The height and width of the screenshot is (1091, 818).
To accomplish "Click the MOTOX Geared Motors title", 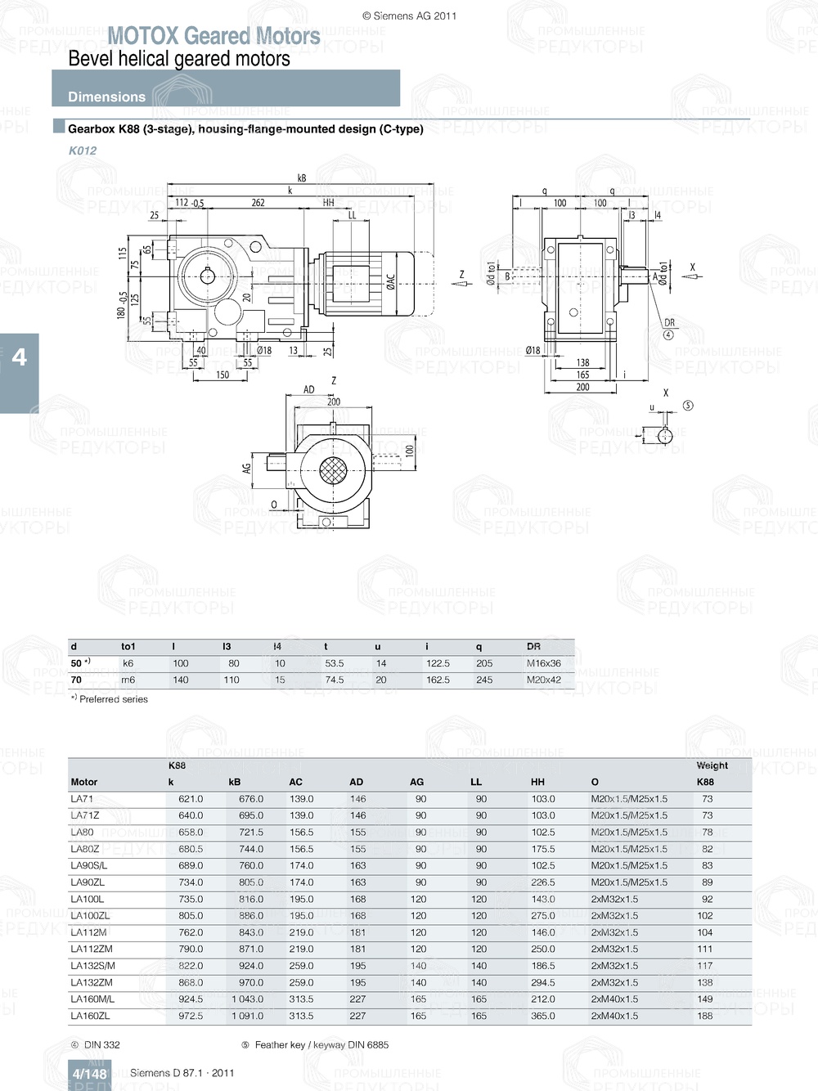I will [x=213, y=36].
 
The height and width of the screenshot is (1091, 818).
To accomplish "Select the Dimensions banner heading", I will [x=106, y=97].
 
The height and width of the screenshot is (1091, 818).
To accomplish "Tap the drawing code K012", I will [x=83, y=150].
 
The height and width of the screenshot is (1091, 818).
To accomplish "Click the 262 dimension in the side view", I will [x=258, y=203].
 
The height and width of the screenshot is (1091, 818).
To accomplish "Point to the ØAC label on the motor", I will [x=390, y=283].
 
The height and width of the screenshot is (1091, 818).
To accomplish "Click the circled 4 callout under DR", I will [x=668, y=334].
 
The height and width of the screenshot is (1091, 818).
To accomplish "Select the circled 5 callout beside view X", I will [x=688, y=406].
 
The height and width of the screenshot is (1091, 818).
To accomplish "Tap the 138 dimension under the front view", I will [x=582, y=362].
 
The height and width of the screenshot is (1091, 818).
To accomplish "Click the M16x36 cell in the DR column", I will [x=543, y=663].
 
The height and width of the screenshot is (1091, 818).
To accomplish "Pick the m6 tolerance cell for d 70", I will [x=128, y=680].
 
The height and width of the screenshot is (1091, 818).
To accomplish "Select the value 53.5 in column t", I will [x=334, y=663].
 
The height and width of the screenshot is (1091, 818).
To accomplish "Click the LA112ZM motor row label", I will [x=92, y=949].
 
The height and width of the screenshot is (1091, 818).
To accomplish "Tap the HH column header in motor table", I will [x=537, y=782].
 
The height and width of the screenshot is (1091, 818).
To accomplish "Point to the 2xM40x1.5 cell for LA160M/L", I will [x=614, y=999].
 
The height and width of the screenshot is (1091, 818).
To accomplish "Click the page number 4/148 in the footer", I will [x=89, y=1074].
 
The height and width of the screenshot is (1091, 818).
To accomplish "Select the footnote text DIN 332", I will [x=101, y=1044].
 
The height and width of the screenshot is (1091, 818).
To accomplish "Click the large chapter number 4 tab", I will [x=19, y=357].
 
